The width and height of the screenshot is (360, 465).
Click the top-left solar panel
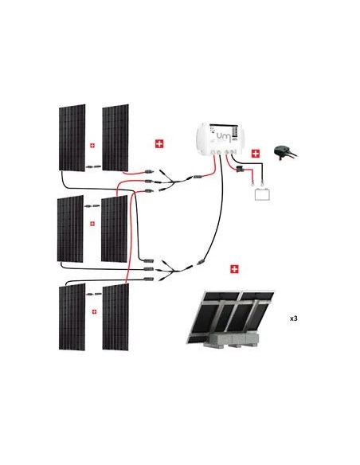pyautogui.click(x=71, y=136)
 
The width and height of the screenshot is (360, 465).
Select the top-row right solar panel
pyautogui.click(x=115, y=136)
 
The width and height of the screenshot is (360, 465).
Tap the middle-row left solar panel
pyautogui.click(x=71, y=228)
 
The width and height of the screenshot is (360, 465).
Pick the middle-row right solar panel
pyautogui.click(x=115, y=228)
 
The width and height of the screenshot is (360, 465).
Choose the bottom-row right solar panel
pyautogui.click(x=115, y=316)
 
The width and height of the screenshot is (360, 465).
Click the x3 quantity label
pyautogui.click(x=293, y=318)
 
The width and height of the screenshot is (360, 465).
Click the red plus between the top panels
pyautogui.click(x=93, y=146)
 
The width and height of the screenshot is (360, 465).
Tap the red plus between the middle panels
pyautogui.click(x=93, y=224)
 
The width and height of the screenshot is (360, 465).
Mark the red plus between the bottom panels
pyautogui.click(x=93, y=311)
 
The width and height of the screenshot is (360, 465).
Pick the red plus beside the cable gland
pyautogui.click(x=255, y=153)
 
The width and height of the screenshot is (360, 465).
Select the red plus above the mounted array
pyautogui.click(x=234, y=269)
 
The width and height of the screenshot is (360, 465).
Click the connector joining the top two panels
pyautogui.click(x=93, y=168)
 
